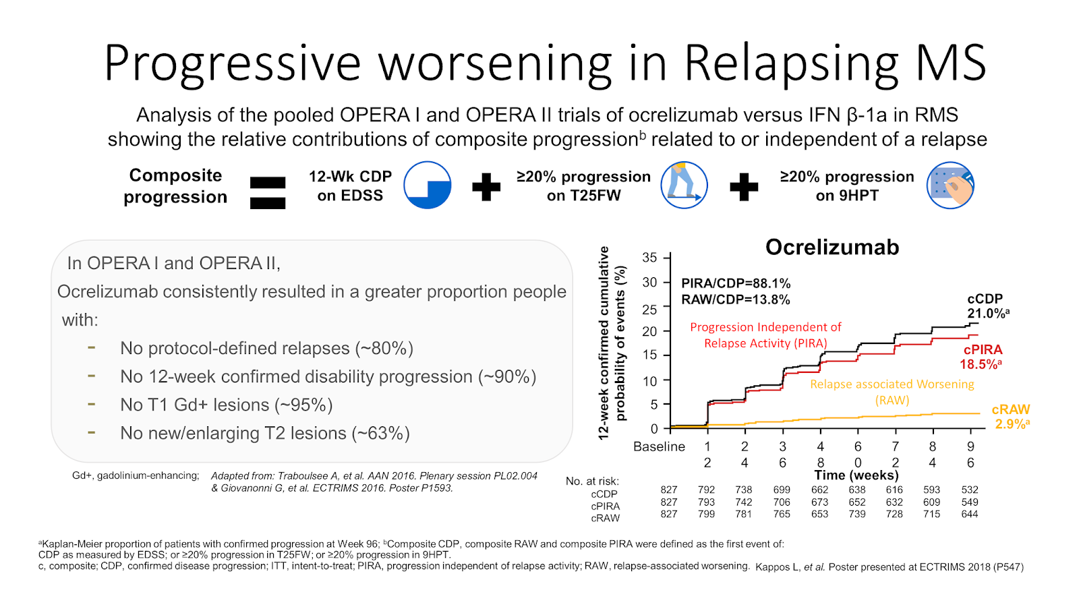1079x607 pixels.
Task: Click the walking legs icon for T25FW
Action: pos(684,185)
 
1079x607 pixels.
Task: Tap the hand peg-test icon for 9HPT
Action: pos(950,185)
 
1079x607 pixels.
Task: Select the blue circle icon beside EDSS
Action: pos(428,185)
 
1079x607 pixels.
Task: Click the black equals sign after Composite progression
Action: pos(268,193)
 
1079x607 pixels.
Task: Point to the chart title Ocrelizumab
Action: pos(832,248)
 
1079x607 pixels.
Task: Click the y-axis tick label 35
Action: pos(649,258)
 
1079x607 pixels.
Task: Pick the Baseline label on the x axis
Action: pos(659,446)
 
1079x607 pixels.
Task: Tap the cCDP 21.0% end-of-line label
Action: pos(987,306)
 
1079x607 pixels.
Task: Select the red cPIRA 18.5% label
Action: pos(982,357)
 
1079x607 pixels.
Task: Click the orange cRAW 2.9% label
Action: pos(1011,417)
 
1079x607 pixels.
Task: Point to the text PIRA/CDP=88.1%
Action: pos(736,283)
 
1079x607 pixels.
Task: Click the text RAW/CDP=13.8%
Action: pos(736,299)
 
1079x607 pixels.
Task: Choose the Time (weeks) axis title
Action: pos(856,475)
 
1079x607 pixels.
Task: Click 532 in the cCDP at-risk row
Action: pos(970,490)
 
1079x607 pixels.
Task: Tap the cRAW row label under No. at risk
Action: pos(605,519)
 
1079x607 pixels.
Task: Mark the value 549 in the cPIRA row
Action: pos(970,502)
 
